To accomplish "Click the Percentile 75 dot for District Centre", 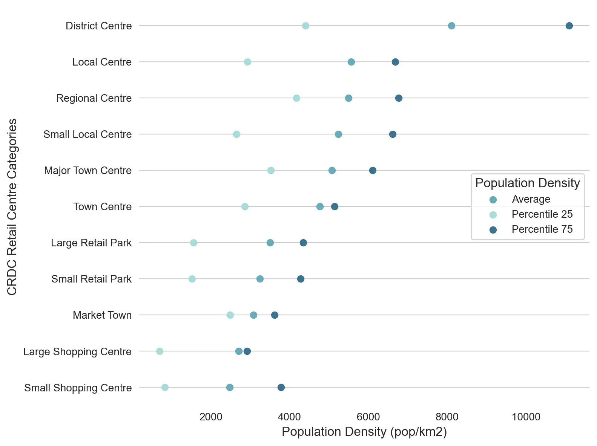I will (569, 26).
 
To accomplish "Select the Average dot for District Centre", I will (451, 26).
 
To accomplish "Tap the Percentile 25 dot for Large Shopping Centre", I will (160, 351).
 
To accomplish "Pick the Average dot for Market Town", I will (253, 315).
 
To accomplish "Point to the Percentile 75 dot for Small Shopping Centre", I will (281, 387).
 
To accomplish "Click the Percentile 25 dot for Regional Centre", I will (296, 98).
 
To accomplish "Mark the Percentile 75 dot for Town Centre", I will (335, 206).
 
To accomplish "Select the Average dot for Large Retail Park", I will (270, 243).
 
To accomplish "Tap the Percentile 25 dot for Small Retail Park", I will (192, 279).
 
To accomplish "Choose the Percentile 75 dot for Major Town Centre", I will (373, 170).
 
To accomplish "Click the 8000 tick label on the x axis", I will (447, 417).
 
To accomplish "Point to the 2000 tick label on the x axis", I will (211, 417).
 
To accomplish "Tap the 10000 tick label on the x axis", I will (526, 417).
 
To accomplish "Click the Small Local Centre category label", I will (87, 134).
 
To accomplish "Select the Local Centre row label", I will (102, 62).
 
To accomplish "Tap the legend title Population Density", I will (527, 183).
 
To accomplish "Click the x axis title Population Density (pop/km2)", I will (364, 432).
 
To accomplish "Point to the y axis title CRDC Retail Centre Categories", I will (12, 206).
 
